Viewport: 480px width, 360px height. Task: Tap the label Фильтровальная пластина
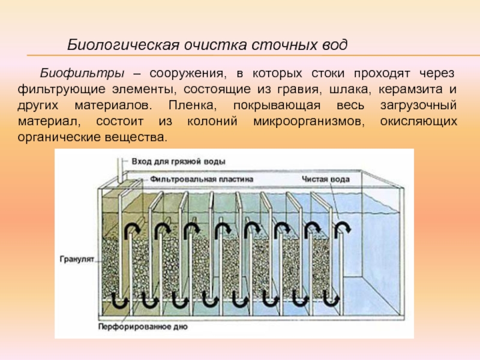click(x=202, y=179)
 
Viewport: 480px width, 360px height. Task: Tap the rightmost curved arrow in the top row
click(x=342, y=229)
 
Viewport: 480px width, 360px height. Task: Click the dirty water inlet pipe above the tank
click(x=120, y=171)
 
